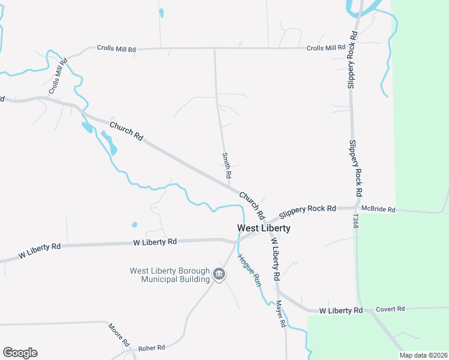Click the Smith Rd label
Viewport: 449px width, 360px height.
[227, 166]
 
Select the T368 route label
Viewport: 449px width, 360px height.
[355, 221]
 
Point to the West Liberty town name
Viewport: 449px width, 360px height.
[264, 228]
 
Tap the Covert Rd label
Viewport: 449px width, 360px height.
[391, 309]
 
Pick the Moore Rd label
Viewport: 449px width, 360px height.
[118, 335]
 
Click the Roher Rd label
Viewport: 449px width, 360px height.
[151, 347]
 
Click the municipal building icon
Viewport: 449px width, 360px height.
[219, 275]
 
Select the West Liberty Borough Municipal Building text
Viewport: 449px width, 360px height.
[170, 274]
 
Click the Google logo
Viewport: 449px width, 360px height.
[20, 353]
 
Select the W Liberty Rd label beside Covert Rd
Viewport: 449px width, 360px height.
[341, 310]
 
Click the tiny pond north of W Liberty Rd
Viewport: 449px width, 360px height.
[134, 225]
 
